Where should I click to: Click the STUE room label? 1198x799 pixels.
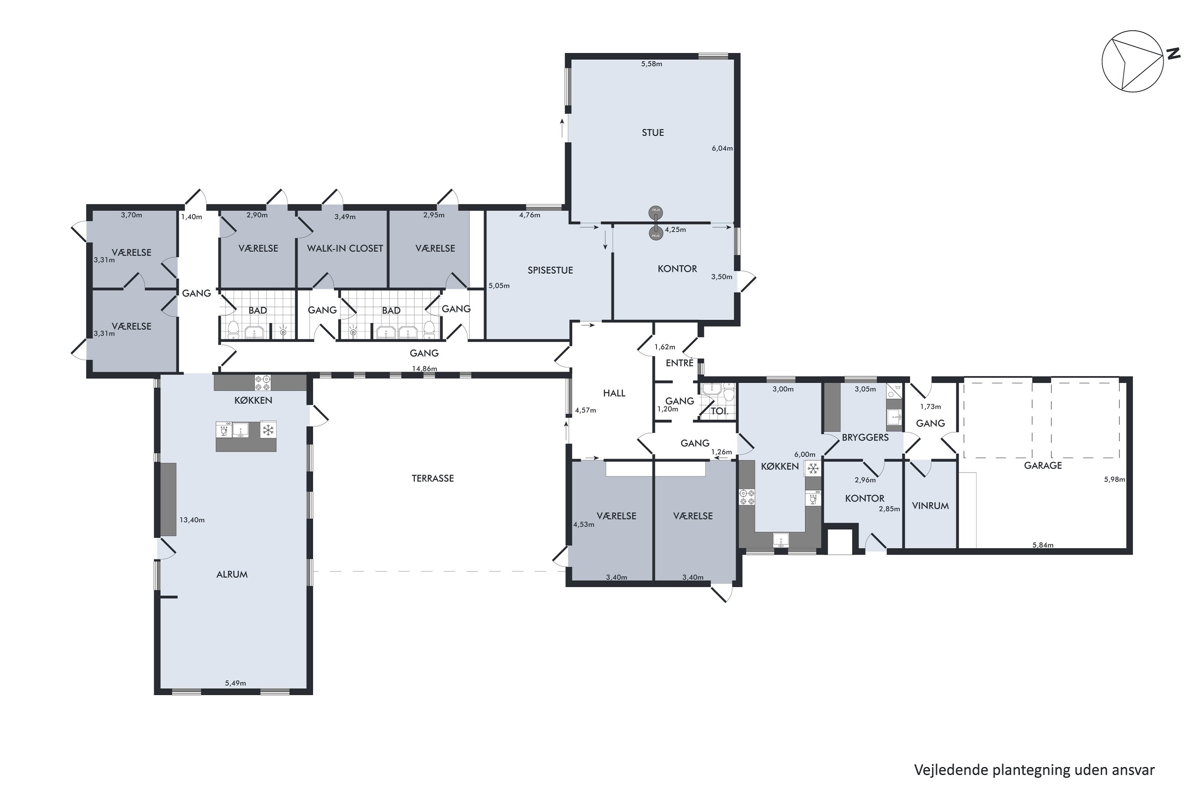[653, 133]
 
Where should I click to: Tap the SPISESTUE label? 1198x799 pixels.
[550, 270]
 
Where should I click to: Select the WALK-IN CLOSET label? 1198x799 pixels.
[345, 248]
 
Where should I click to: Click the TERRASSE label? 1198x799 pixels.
[432, 478]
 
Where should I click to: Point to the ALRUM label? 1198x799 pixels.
[232, 574]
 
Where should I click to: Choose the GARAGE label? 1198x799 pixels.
[1043, 465]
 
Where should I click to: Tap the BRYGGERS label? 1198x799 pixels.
[865, 437]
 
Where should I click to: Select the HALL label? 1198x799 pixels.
[614, 393]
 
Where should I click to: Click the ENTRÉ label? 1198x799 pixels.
[680, 362]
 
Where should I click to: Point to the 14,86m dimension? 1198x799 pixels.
[424, 368]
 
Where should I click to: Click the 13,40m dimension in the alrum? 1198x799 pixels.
[192, 520]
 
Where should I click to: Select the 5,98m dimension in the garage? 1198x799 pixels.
[1115, 479]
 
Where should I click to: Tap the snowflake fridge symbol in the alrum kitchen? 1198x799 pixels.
[268, 429]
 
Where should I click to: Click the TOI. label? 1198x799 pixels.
[719, 410]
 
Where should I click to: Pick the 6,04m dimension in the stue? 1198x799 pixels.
[722, 148]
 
